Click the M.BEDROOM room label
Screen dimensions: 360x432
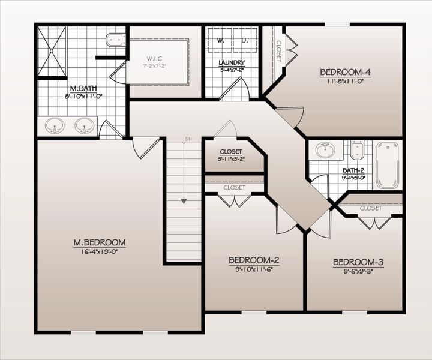pyautogui.click(x=100, y=242)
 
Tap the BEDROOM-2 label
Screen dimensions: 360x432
pyautogui.click(x=254, y=260)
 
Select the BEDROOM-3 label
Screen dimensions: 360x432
pyautogui.click(x=358, y=262)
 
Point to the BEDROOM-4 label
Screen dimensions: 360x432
pyautogui.click(x=345, y=73)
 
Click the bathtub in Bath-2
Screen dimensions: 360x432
pyautogui.click(x=388, y=164)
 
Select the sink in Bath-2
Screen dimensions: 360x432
pyautogui.click(x=325, y=149)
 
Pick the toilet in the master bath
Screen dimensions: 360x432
pyautogui.click(x=115, y=41)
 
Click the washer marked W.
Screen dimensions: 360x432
pyautogui.click(x=220, y=41)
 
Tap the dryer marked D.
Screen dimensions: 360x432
pyautogui.click(x=245, y=41)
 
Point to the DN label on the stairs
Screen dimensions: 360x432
pyautogui.click(x=188, y=140)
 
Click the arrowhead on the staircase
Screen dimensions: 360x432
pyautogui.click(x=184, y=200)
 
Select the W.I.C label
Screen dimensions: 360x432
pyautogui.click(x=156, y=59)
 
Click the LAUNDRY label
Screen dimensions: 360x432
pyautogui.click(x=231, y=62)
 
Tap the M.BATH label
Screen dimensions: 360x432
pyautogui.click(x=80, y=88)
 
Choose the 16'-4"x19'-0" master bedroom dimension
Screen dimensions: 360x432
pyautogui.click(x=100, y=252)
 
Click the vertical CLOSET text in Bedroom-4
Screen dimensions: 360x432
pyautogui.click(x=278, y=52)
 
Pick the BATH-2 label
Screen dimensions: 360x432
pyautogui.click(x=353, y=170)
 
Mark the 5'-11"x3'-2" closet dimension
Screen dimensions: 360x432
pyautogui.click(x=231, y=160)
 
